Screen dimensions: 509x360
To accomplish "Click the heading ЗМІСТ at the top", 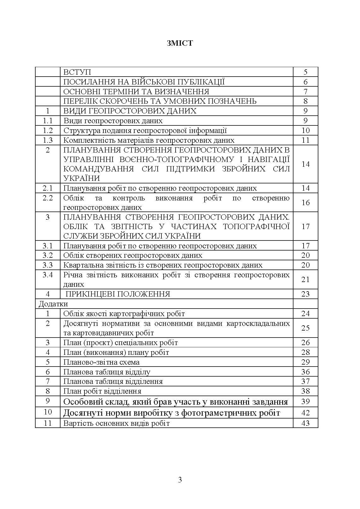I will tap(180, 43).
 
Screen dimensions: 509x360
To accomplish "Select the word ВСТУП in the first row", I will tap(77, 72).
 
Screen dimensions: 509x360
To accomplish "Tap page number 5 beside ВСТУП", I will tap(305, 72).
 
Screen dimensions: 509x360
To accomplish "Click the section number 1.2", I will tap(48, 130).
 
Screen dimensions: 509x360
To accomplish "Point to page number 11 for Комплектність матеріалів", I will tap(305, 140).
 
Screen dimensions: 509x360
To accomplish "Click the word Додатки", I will tap(53, 304).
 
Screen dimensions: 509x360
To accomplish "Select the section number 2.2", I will tap(48, 198).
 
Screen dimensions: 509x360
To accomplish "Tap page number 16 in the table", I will tap(305, 203).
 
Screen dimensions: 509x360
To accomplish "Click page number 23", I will tap(305, 294).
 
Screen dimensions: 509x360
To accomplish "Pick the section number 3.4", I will tap(48, 275).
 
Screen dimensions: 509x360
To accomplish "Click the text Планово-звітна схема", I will tap(102, 362).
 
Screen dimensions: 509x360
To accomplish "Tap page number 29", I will tap(305, 362).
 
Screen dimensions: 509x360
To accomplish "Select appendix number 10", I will tap(48, 412).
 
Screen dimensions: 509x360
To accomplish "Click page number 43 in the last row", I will tap(305, 423).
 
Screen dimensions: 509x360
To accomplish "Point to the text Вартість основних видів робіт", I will tap(117, 423).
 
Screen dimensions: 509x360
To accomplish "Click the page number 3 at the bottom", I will tap(180, 480).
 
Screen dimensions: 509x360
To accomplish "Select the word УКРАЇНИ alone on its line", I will tap(82, 178).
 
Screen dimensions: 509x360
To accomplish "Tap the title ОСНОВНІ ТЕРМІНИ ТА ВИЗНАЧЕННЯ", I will tap(136, 92).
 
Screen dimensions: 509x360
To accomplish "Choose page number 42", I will tap(305, 413).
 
